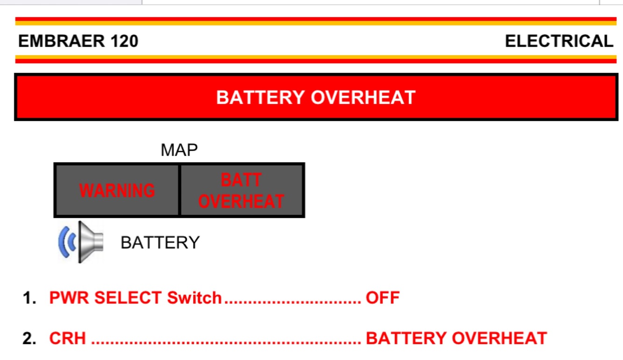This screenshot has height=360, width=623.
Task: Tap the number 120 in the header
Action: tap(125, 41)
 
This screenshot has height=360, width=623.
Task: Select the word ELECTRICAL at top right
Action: tap(559, 41)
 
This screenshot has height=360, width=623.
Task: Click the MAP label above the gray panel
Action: tap(179, 150)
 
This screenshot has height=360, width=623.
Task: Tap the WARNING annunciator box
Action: tap(117, 190)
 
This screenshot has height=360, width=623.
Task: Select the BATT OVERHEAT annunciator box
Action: tap(241, 190)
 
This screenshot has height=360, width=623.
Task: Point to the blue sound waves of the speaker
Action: tap(66, 242)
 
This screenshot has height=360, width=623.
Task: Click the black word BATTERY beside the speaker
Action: tap(160, 243)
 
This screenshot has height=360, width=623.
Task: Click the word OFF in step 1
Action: tap(382, 298)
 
